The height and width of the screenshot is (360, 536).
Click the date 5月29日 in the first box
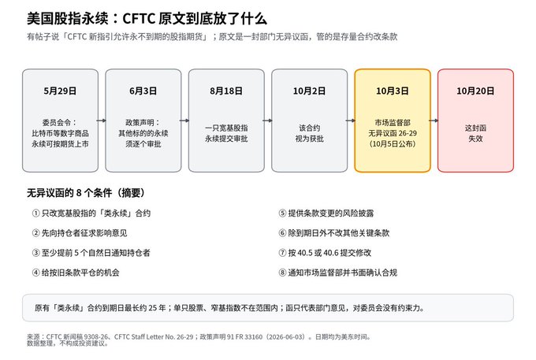point(60,91)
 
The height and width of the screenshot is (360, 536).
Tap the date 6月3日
point(143,91)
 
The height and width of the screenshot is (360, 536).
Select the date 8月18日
point(226,91)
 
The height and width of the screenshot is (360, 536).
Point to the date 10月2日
point(309,91)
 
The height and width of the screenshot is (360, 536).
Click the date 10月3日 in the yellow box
point(392,91)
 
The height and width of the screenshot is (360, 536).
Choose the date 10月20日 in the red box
point(475,91)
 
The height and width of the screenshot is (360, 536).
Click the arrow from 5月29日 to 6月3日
point(102,121)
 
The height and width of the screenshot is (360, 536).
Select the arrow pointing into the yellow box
point(351,121)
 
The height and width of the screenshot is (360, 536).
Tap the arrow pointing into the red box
point(434,121)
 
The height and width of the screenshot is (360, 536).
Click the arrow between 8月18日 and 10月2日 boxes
point(268,121)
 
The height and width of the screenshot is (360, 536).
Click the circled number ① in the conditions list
point(36,213)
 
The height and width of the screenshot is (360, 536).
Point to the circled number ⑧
point(282,273)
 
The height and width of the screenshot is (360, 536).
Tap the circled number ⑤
point(282,213)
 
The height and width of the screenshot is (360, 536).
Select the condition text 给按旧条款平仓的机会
point(80,273)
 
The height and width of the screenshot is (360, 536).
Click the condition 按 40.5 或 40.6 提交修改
point(329,253)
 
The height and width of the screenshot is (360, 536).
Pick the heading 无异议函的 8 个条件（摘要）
point(86,193)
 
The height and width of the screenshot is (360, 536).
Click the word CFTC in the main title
point(138,18)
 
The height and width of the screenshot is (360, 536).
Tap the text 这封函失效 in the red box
point(475,133)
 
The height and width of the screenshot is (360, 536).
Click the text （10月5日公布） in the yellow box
point(393,144)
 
